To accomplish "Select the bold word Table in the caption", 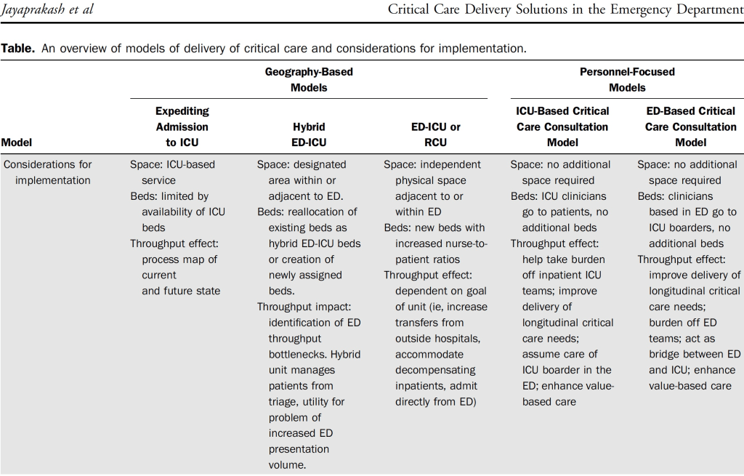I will tap(15, 49).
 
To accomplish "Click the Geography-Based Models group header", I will tap(308, 80).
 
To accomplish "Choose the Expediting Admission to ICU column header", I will tap(182, 126).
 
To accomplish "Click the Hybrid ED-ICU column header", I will tap(308, 134).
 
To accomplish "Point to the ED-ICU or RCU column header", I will tap(435, 134).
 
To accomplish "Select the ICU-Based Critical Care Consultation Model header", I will tap(562, 126).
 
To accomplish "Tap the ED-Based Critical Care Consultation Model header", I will tap(690, 126).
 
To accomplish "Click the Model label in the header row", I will tap(17, 142).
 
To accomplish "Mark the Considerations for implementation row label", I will tap(47, 172).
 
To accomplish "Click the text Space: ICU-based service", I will tap(172, 172).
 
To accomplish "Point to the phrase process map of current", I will tap(179, 267).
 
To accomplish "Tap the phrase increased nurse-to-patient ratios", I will tap(436, 251).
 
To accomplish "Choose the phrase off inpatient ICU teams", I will tap(563, 275).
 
